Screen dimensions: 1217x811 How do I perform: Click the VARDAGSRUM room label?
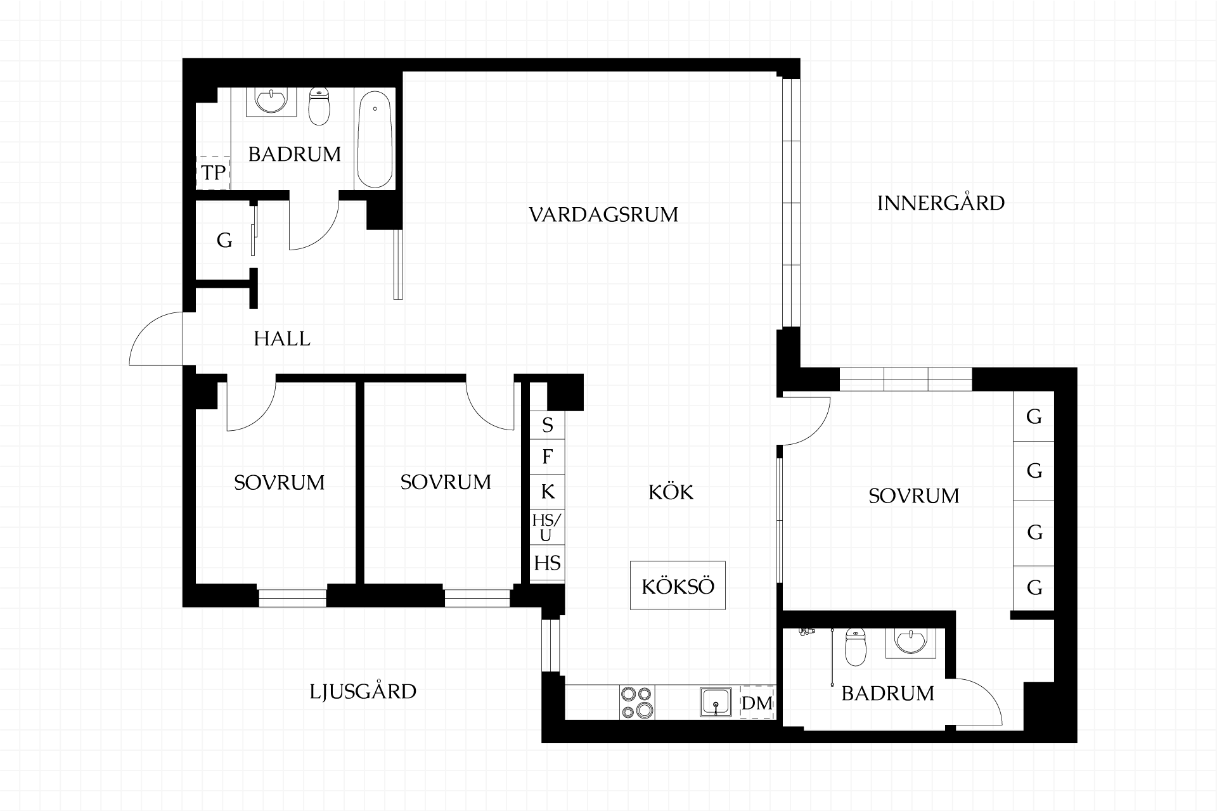point(603,215)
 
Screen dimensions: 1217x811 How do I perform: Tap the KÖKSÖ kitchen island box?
point(678,585)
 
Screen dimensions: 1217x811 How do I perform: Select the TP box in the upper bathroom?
point(214,172)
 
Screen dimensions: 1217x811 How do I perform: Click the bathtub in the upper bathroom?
point(375,139)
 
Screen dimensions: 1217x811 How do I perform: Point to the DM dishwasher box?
point(757,703)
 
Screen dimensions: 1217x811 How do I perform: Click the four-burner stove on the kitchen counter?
point(638,702)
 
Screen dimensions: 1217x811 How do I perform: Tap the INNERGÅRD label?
point(941,203)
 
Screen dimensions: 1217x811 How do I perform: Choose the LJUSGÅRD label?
point(363,691)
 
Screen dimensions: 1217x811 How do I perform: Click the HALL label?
point(282,339)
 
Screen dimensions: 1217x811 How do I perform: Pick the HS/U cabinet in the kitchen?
point(546,528)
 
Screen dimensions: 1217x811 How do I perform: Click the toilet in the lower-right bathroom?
point(855,648)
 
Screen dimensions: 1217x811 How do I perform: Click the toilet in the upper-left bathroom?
point(319,106)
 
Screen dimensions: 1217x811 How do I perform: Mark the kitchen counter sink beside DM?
point(716,702)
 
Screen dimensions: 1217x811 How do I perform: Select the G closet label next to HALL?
point(224,240)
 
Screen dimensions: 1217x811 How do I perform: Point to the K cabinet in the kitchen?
point(547,492)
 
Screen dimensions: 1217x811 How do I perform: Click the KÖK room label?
point(671,492)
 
